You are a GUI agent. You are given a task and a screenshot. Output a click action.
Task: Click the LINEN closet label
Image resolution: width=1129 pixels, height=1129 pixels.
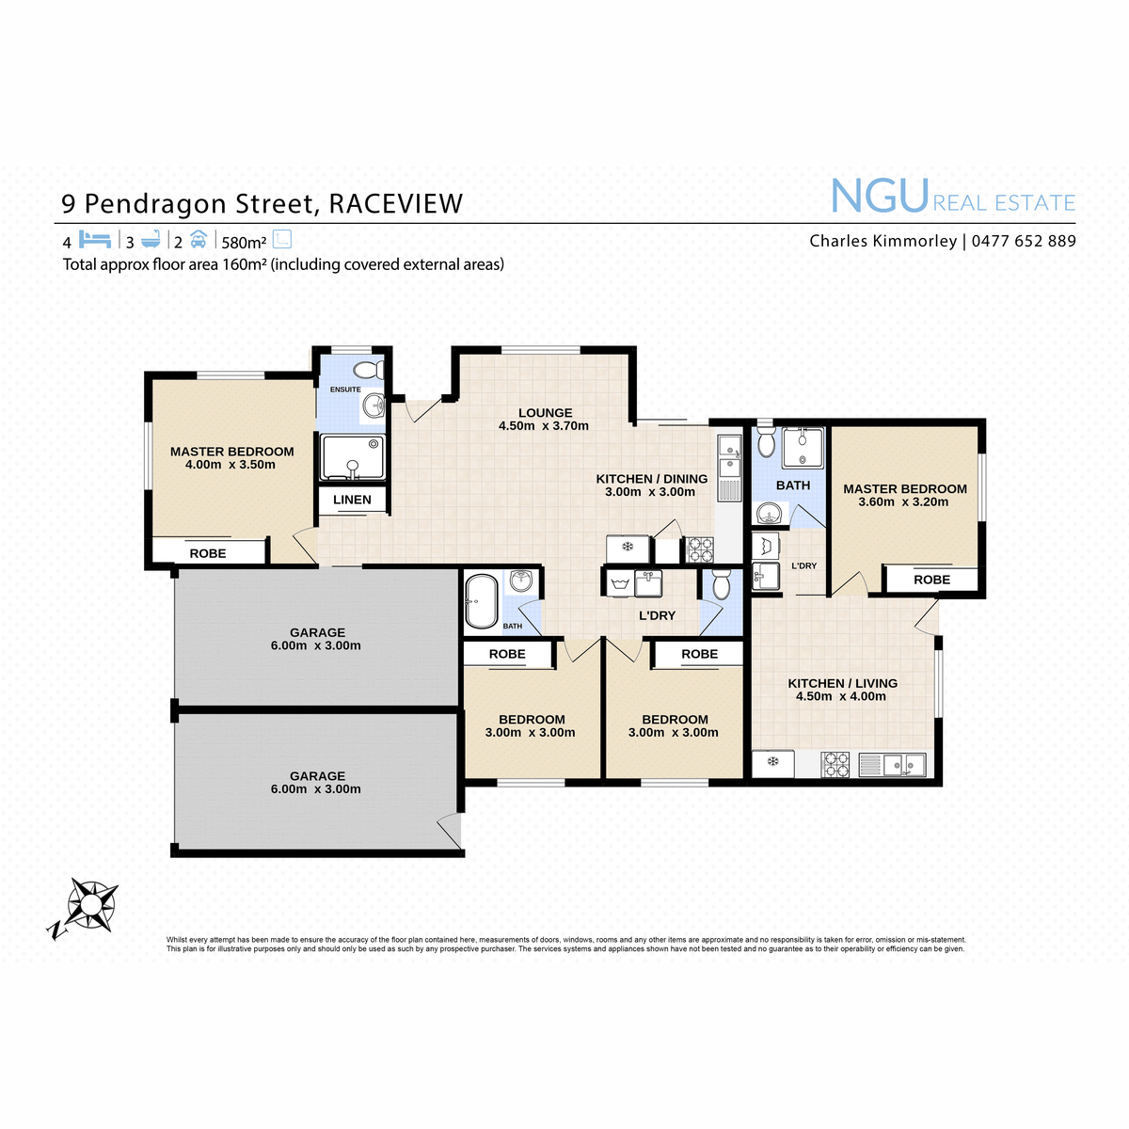click(x=352, y=500)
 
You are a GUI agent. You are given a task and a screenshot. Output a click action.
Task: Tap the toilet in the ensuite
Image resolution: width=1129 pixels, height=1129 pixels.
click(x=369, y=371)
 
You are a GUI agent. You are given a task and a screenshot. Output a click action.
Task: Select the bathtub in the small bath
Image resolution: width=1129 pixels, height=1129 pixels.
click(x=482, y=601)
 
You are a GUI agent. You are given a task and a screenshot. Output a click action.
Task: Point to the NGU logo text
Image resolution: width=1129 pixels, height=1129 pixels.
click(x=880, y=197)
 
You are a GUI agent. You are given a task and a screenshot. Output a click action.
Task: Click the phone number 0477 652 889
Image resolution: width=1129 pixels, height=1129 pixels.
click(x=1024, y=241)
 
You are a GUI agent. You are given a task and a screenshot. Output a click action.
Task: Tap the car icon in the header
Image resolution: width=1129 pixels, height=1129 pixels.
click(x=199, y=240)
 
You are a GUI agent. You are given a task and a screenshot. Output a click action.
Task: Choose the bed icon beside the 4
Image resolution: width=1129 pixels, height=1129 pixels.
click(x=95, y=239)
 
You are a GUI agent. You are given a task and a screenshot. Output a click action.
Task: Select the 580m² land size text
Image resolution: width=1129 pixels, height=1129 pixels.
click(x=244, y=242)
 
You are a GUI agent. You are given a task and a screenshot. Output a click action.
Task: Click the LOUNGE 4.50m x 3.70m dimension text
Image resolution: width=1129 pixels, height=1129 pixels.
click(x=544, y=426)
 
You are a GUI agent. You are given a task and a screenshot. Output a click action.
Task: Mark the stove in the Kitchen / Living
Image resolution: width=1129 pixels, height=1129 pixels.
click(x=835, y=765)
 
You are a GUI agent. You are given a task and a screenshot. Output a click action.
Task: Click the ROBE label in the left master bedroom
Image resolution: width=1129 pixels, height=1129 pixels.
click(x=207, y=553)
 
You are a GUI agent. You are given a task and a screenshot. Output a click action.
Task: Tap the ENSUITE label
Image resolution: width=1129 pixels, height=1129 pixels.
click(x=345, y=390)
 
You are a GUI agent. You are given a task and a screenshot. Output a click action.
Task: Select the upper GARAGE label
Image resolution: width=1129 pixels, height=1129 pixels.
click(x=317, y=633)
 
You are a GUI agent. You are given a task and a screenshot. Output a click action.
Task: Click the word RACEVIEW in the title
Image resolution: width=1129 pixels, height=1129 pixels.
click(x=396, y=204)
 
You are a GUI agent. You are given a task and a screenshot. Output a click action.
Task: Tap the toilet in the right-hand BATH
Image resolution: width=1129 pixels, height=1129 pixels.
click(x=766, y=442)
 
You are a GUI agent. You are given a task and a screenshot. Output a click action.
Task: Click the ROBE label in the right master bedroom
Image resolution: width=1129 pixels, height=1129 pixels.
click(x=931, y=580)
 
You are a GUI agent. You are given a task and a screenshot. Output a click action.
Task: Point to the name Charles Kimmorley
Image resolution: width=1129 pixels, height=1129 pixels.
click(x=883, y=241)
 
